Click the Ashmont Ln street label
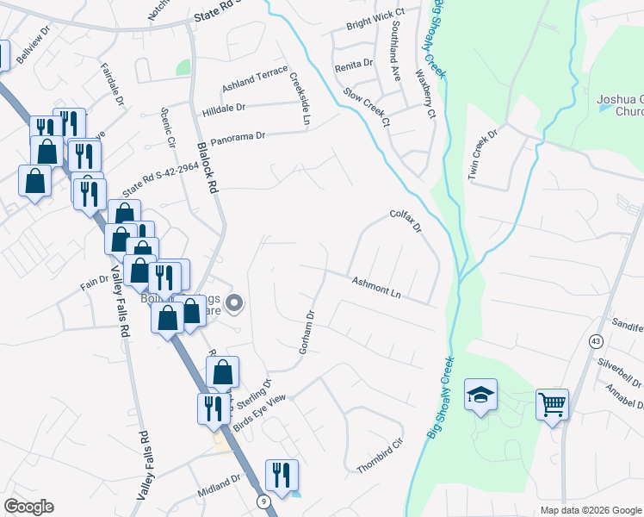click(x=377, y=288)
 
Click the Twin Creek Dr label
click(x=483, y=155)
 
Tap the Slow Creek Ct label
click(x=367, y=106)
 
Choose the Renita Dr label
click(x=354, y=64)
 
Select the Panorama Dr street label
click(x=239, y=136)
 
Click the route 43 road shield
click(x=596, y=342)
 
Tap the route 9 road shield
click(x=261, y=500)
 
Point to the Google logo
click(x=28, y=507)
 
